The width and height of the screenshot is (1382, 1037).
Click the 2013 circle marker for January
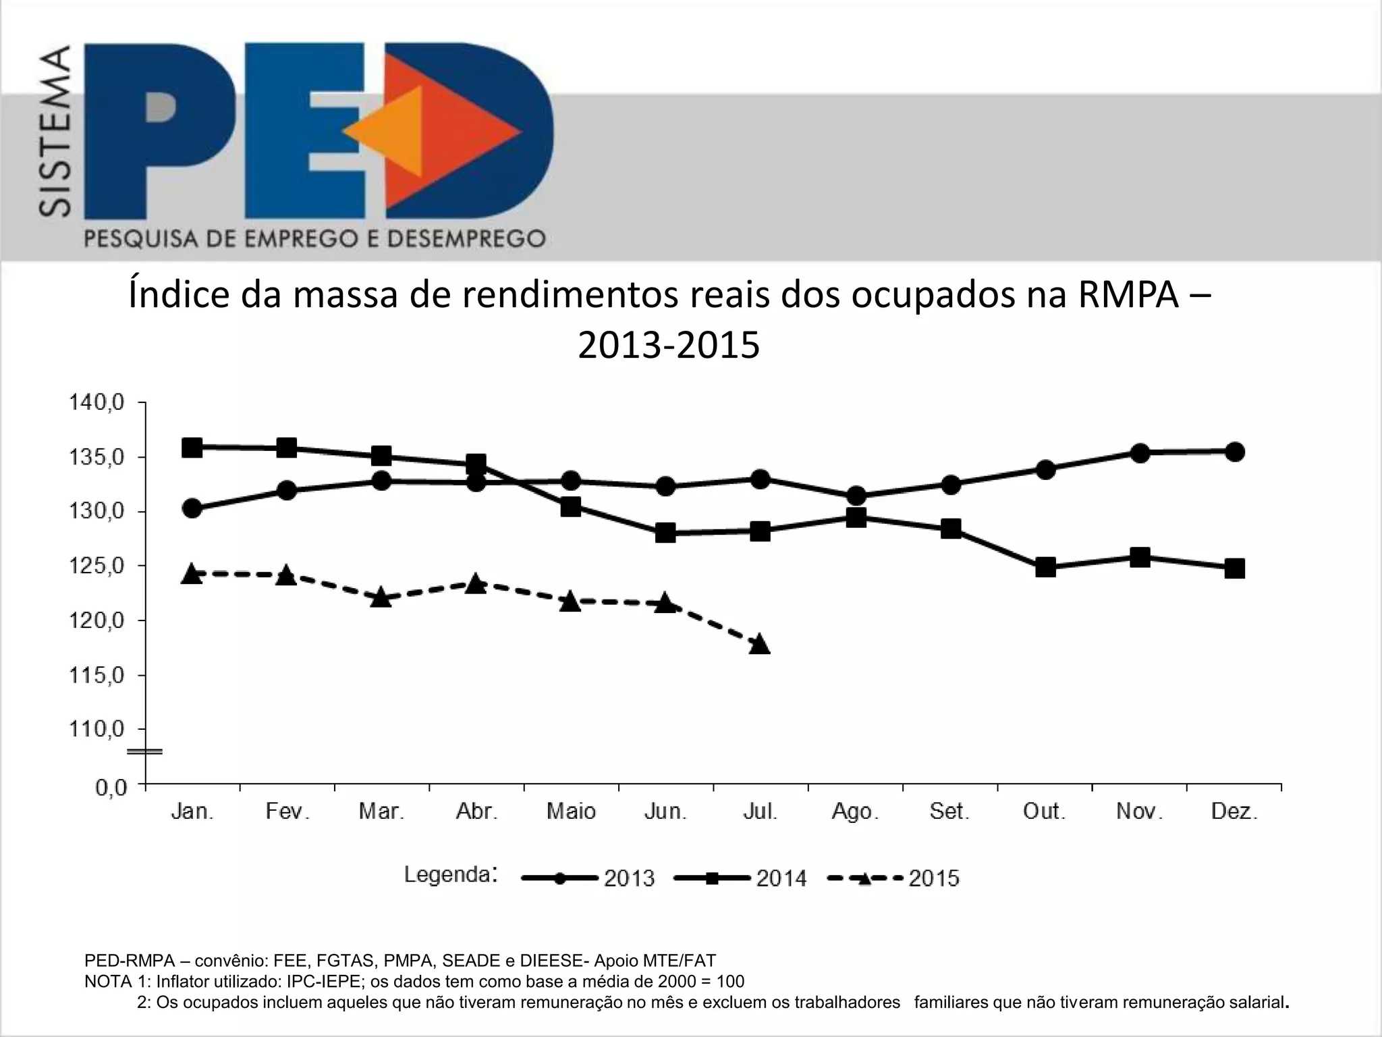[192, 508]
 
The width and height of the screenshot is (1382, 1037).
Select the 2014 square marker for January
[192, 448]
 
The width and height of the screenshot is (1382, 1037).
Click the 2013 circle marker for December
[1235, 452]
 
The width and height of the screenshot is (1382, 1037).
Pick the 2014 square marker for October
[1045, 567]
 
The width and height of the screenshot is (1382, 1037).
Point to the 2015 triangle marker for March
[382, 598]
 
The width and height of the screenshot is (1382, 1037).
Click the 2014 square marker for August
[856, 518]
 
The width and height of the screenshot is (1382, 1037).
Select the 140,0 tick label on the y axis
[97, 403]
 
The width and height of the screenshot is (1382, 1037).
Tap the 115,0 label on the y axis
[97, 675]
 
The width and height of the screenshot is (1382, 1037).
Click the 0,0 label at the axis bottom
[111, 788]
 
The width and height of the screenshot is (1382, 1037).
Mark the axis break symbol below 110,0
[146, 751]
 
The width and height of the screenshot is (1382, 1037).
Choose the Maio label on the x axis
[571, 811]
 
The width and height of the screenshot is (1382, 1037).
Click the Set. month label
[949, 811]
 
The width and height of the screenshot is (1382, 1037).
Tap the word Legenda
[447, 875]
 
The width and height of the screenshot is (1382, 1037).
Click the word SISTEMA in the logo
[54, 132]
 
